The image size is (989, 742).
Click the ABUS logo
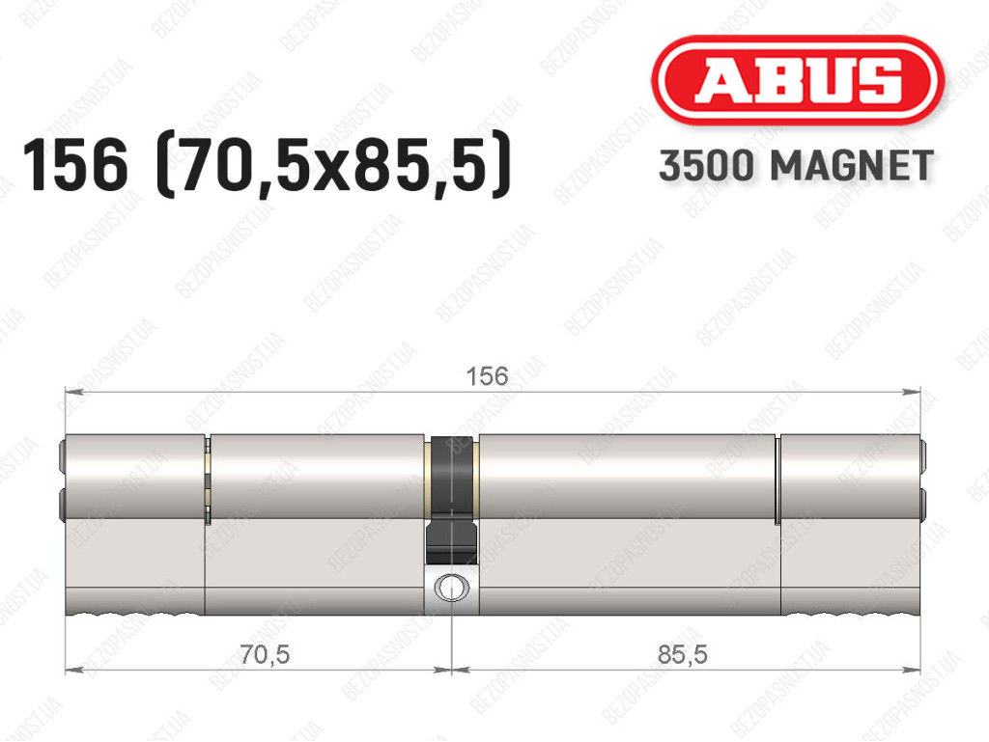pos(797,80)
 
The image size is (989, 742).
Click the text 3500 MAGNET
pos(796,166)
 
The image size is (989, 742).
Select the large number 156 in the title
pos(75,166)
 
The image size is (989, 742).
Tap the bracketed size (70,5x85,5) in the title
pos(332,166)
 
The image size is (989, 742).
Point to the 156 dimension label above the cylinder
pos(487,376)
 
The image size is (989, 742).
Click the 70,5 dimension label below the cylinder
pos(265,655)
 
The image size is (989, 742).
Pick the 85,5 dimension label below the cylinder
pos(683,655)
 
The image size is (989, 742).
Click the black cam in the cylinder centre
pos(451,498)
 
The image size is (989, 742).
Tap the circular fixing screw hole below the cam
pos(452,588)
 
